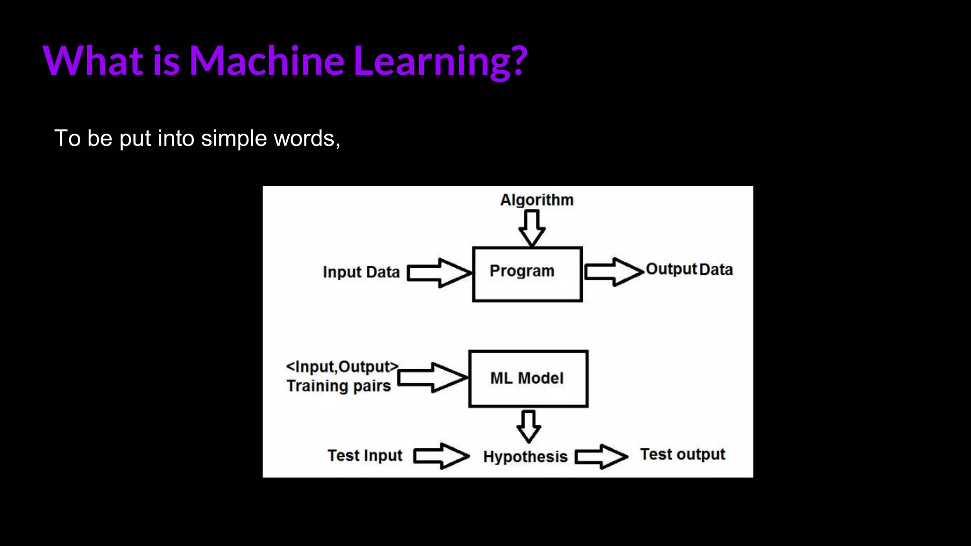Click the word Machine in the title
point(266,60)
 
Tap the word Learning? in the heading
point(440,62)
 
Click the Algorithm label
point(537,200)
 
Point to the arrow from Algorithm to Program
point(531,228)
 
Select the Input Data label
point(361,273)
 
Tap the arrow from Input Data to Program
point(440,273)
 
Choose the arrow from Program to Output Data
point(614,272)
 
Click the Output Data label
point(689,269)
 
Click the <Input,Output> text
point(342,367)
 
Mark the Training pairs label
point(339,386)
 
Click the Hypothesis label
point(525,457)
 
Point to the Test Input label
point(365,455)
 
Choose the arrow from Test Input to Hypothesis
point(441,456)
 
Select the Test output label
point(683,454)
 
